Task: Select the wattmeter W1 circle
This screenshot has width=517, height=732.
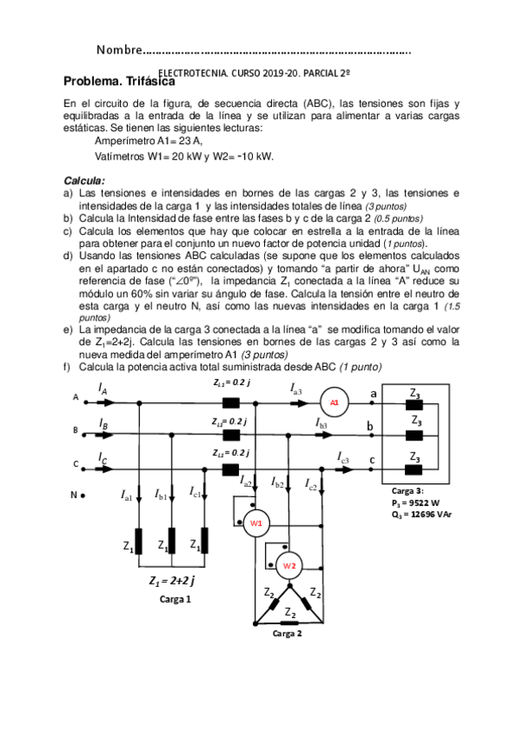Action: [255, 524]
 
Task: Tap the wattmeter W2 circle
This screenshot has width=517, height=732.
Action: [290, 565]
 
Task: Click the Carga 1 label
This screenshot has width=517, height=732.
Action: [176, 597]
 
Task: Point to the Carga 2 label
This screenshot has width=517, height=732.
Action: [287, 633]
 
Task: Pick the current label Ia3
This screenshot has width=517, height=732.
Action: [296, 390]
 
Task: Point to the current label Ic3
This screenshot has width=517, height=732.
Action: [343, 457]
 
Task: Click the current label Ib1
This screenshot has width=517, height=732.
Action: [161, 495]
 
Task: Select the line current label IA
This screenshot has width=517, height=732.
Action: [103, 389]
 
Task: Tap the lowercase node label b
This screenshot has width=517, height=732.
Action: [370, 426]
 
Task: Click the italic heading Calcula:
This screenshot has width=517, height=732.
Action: [85, 180]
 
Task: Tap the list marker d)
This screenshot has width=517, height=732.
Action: [68, 256]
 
